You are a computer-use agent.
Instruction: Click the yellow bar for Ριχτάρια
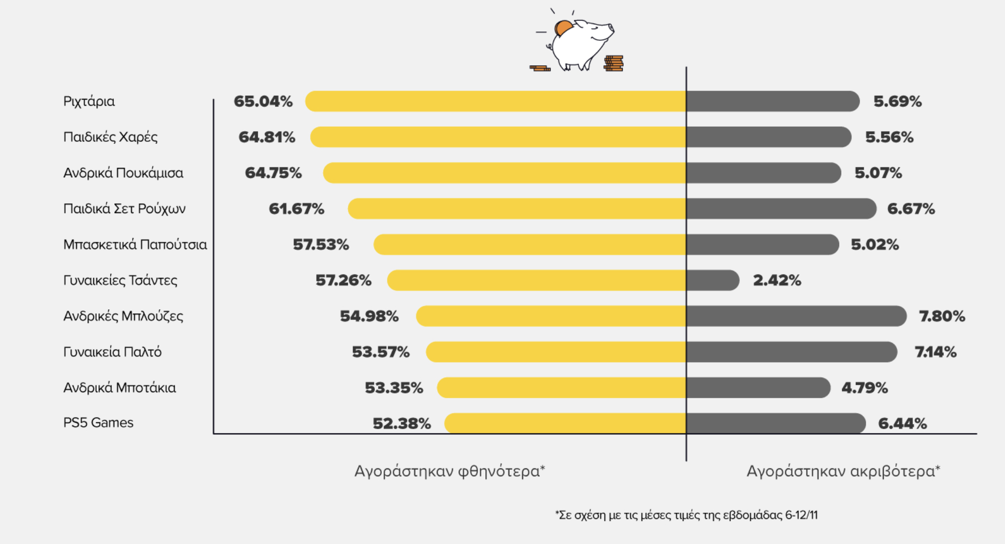[x=496, y=101]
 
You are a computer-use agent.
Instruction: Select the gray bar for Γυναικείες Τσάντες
[x=713, y=280]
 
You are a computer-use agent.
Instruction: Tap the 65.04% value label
[x=263, y=101]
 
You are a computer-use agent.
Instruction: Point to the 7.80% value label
[x=942, y=316]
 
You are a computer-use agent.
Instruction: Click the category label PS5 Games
[x=98, y=423]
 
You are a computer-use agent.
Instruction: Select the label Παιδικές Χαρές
[x=110, y=137]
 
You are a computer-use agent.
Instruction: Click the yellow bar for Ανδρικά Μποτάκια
[x=561, y=388]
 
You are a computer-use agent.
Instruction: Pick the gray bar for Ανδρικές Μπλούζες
[x=796, y=316]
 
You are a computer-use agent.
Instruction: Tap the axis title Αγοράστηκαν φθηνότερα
[x=450, y=471]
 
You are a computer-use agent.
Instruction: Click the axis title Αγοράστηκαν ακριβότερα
[x=843, y=471]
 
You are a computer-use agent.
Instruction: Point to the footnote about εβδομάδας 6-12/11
[x=686, y=515]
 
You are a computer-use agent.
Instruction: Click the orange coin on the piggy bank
[x=562, y=27]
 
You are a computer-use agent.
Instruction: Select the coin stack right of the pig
[x=613, y=64]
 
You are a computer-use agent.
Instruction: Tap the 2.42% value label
[x=777, y=280]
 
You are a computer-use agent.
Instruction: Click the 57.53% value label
[x=320, y=245]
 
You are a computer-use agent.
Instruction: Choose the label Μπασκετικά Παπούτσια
[x=135, y=245]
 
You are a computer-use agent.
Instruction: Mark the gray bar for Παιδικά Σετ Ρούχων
[x=781, y=209]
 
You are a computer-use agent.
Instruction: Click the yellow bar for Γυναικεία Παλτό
[x=556, y=352]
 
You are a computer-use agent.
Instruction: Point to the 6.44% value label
[x=902, y=423]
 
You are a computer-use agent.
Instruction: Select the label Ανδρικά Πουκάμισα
[x=123, y=173]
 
